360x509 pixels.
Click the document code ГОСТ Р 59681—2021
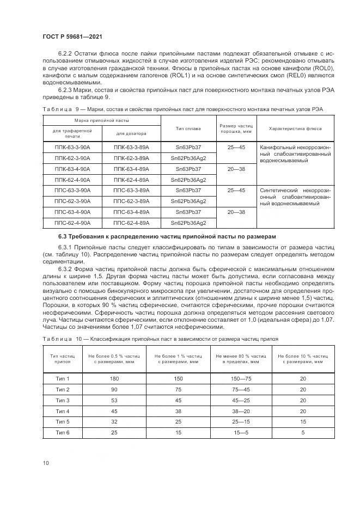tap(72, 36)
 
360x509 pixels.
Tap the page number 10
tap(46, 463)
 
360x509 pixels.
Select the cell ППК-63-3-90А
tap(72, 148)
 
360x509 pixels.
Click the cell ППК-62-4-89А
tap(131, 180)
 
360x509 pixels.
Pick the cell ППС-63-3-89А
tap(131, 191)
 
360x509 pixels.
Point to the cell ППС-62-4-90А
tap(72, 223)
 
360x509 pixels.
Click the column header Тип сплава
tap(188, 128)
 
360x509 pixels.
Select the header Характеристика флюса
tap(295, 128)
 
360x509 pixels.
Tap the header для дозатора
tap(131, 133)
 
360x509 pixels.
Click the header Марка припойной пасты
tap(102, 120)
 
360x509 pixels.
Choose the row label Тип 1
tap(63, 378)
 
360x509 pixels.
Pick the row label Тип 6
tap(63, 432)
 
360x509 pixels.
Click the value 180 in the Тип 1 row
tap(114, 378)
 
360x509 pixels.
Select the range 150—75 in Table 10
tap(241, 378)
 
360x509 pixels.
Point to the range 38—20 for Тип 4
tap(241, 410)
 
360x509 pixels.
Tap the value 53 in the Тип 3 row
tap(114, 400)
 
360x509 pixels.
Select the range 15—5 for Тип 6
tap(241, 432)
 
